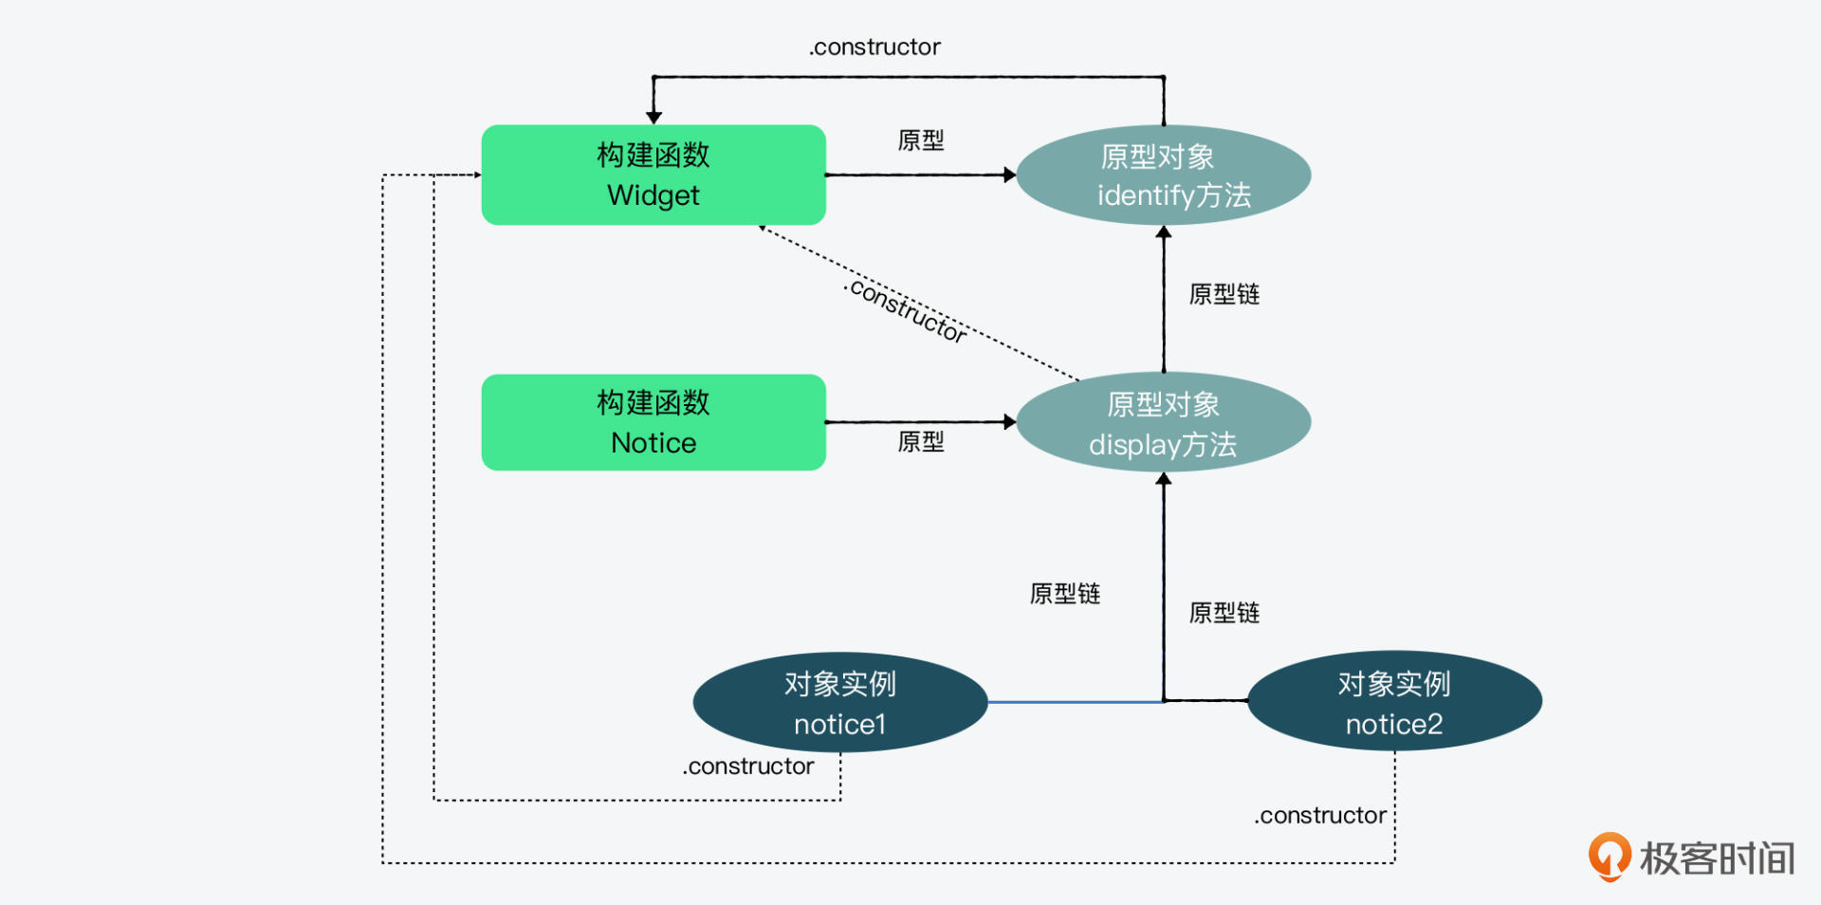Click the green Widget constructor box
(653, 175)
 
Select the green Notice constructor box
(653, 422)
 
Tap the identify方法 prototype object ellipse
(1164, 175)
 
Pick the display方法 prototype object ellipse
(1164, 423)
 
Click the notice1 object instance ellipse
(840, 703)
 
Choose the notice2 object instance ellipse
(1394, 702)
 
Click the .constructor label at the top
(874, 47)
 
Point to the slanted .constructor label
(907, 310)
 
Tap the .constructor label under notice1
(748, 766)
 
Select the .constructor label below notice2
(1320, 816)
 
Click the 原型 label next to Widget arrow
(921, 141)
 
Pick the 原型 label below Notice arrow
(921, 442)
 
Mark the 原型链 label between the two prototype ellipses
(1224, 294)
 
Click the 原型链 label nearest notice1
(1065, 594)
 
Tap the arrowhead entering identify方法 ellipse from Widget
(1010, 175)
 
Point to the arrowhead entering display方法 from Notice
(1010, 422)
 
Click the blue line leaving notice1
(1076, 702)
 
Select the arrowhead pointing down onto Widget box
(653, 118)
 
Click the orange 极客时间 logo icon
(1609, 856)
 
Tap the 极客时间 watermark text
(1718, 859)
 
